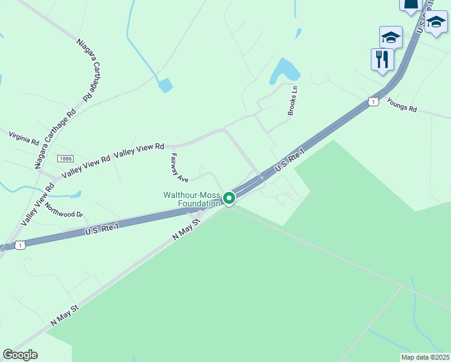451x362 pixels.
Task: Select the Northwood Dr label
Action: point(63,209)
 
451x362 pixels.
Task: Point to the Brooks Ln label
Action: point(293,101)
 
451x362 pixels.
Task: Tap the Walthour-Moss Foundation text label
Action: point(192,199)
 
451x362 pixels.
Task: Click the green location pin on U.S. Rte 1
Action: point(229,198)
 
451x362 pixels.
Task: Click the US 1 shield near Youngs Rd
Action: point(374,101)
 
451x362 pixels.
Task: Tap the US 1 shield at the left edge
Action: point(21,245)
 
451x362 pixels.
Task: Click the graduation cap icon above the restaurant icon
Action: point(391,37)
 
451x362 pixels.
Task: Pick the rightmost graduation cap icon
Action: point(436,23)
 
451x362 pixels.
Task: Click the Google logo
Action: point(20,355)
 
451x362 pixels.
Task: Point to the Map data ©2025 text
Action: point(425,357)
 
